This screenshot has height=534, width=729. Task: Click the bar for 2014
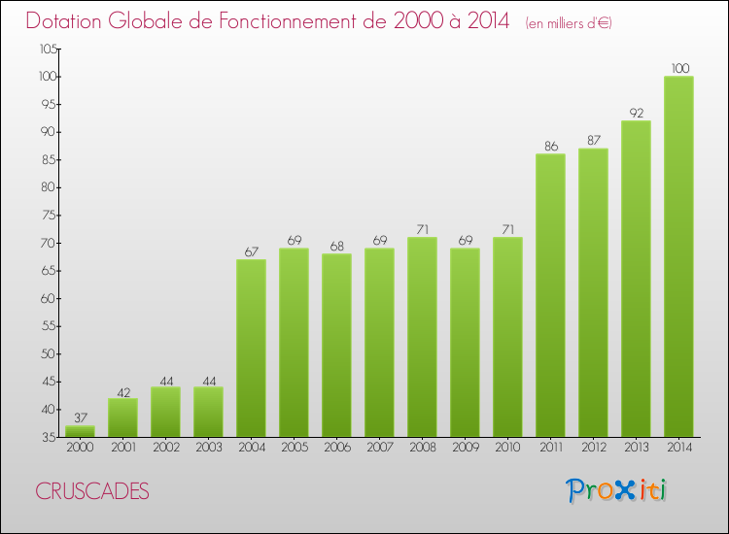678,256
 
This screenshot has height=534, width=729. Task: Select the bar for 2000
80,431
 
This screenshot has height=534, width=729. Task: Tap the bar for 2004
251,348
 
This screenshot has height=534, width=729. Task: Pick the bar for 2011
550,295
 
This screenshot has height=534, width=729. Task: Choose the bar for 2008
422,337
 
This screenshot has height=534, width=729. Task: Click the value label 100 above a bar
680,68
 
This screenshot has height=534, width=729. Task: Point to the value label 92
636,113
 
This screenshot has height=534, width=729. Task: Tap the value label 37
81,417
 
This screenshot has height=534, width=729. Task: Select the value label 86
550,146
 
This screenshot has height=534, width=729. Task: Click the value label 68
336,246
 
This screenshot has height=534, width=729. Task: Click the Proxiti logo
617,490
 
